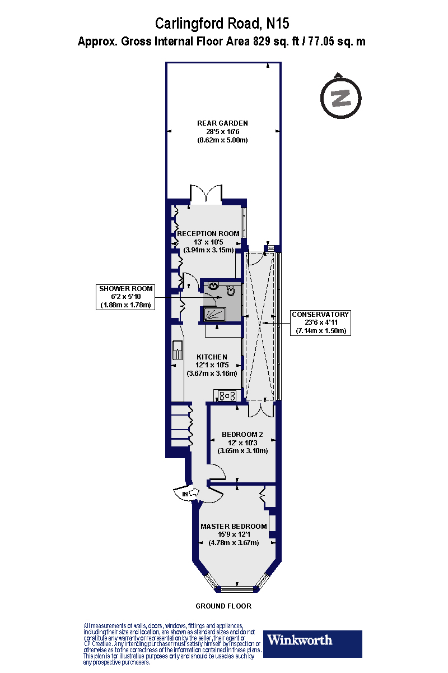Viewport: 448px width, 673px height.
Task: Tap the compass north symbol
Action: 340,96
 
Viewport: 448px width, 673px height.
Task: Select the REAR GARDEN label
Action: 222,123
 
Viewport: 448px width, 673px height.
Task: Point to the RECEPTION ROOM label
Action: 208,233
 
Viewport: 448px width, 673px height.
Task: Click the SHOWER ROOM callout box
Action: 125,297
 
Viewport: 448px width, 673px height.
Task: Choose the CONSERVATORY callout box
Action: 320,322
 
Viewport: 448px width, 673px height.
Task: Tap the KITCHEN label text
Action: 212,357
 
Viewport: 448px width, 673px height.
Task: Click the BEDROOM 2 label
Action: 242,434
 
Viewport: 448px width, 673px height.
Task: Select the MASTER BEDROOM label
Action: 234,526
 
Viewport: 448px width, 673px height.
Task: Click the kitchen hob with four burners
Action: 227,395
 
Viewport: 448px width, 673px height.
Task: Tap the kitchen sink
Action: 178,350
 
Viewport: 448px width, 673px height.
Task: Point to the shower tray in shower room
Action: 214,314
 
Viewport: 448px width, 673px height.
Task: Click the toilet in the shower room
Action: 231,291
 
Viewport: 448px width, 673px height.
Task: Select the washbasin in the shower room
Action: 213,285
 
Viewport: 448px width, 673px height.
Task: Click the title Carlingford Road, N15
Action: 222,24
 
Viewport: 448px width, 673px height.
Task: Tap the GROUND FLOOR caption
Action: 223,606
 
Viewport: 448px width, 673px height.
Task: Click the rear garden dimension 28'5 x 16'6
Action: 222,131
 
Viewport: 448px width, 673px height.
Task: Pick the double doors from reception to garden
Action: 206,193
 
